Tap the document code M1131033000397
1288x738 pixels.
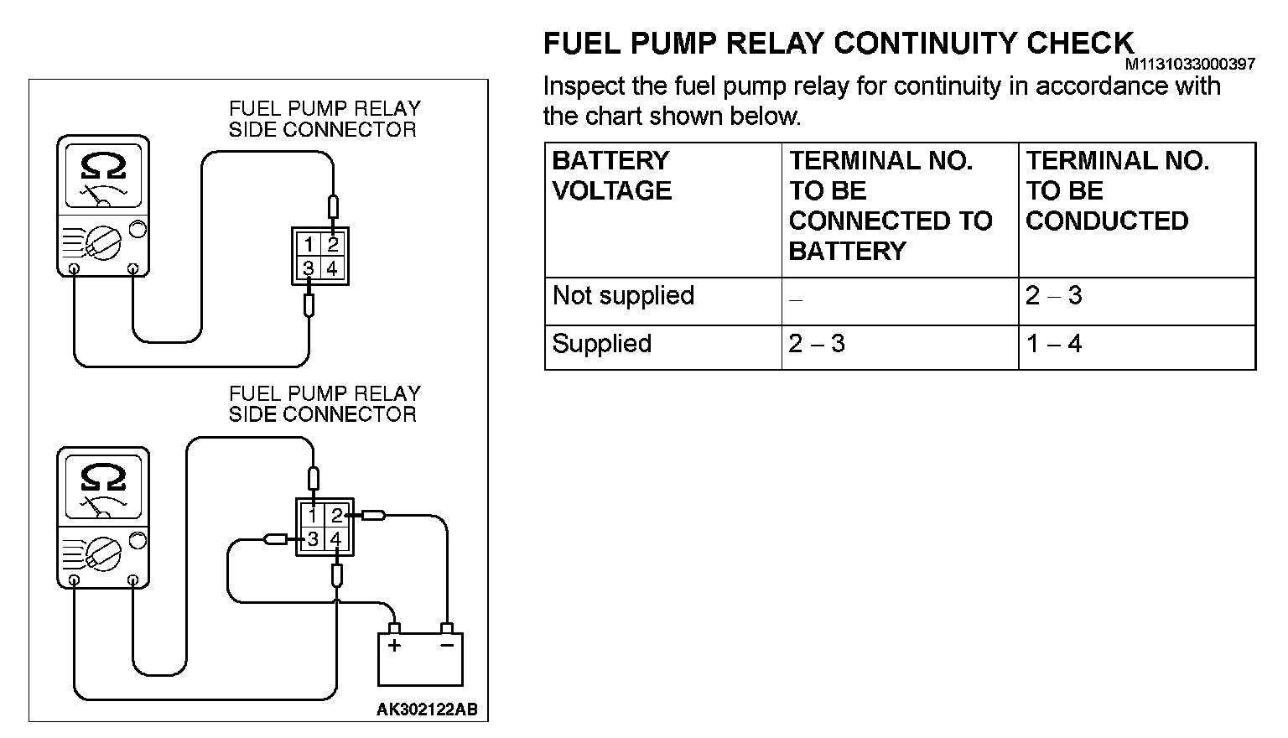tap(1189, 64)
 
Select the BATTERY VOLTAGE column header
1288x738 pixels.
tap(611, 175)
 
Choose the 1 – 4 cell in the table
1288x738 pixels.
tap(1054, 344)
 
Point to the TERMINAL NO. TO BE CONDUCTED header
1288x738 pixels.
tap(1117, 190)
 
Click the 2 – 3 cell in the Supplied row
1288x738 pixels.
tap(817, 344)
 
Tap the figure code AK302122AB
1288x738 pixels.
tap(427, 709)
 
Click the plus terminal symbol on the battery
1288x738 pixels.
tap(393, 646)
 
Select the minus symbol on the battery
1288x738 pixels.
tap(447, 646)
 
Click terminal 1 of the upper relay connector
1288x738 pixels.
tap(309, 245)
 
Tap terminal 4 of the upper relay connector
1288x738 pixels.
tap(333, 268)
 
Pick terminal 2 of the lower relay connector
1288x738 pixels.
tap(336, 516)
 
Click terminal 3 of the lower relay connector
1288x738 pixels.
tap(313, 539)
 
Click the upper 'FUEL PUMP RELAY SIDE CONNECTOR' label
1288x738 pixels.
tap(323, 119)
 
